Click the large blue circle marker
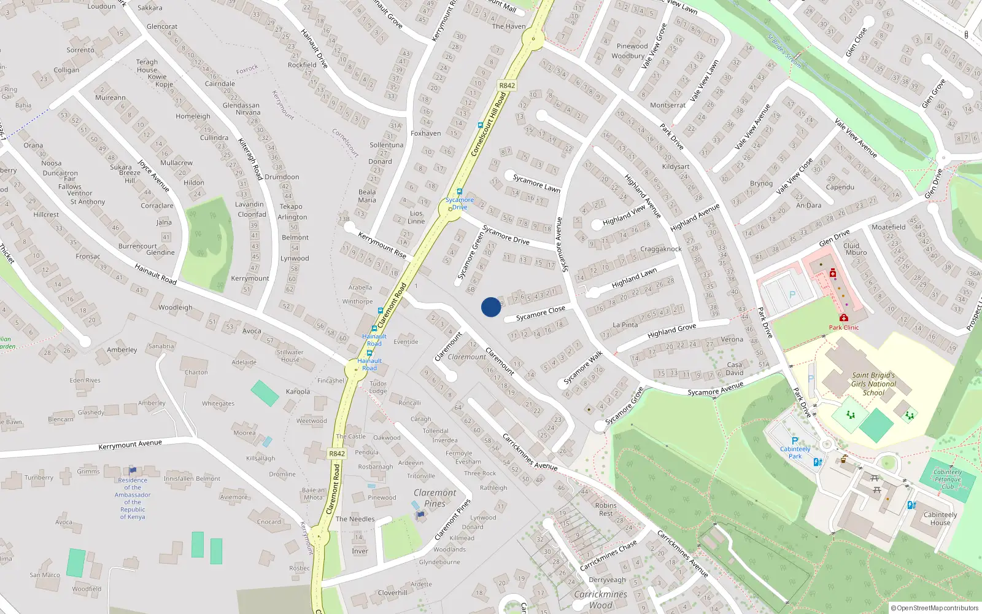(x=491, y=307)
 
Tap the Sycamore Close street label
(x=540, y=313)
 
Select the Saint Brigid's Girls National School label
(x=873, y=384)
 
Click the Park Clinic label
(x=844, y=327)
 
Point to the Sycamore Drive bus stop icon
(x=459, y=192)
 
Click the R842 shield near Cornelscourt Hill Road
(x=507, y=85)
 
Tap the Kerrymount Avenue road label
(x=130, y=444)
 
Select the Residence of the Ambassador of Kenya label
(x=133, y=498)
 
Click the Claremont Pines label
(x=435, y=498)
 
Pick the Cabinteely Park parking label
(x=795, y=453)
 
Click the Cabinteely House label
(x=940, y=519)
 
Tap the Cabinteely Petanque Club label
(x=948, y=479)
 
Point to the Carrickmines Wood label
(x=600, y=599)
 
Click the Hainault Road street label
(x=155, y=273)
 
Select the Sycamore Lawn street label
(x=536, y=183)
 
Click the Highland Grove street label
(x=671, y=332)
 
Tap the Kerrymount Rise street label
(x=382, y=245)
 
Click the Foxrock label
(x=247, y=69)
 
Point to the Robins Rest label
(x=606, y=509)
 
